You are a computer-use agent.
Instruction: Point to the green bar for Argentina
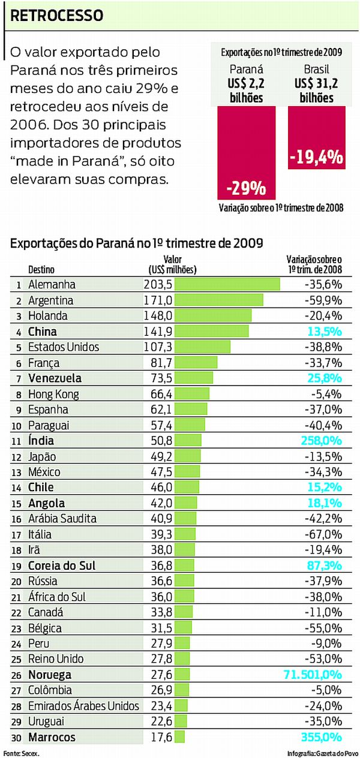click(218, 300)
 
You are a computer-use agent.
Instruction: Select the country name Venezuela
click(55, 378)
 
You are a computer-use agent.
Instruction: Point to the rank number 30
click(19, 738)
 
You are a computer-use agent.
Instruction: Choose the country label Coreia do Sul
click(62, 566)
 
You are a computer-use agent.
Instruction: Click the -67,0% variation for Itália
click(323, 534)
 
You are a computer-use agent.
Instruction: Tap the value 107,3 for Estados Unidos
click(158, 347)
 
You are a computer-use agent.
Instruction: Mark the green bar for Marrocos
click(179, 737)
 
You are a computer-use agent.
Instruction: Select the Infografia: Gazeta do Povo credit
click(322, 752)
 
